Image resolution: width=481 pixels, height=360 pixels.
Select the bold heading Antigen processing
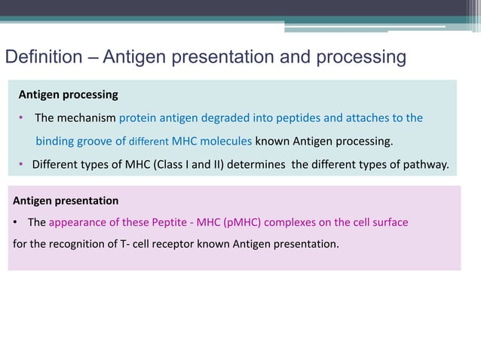coord(68,95)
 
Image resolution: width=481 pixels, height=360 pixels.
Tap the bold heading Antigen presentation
coord(66,200)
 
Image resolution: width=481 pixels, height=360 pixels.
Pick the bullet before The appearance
coord(16,223)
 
